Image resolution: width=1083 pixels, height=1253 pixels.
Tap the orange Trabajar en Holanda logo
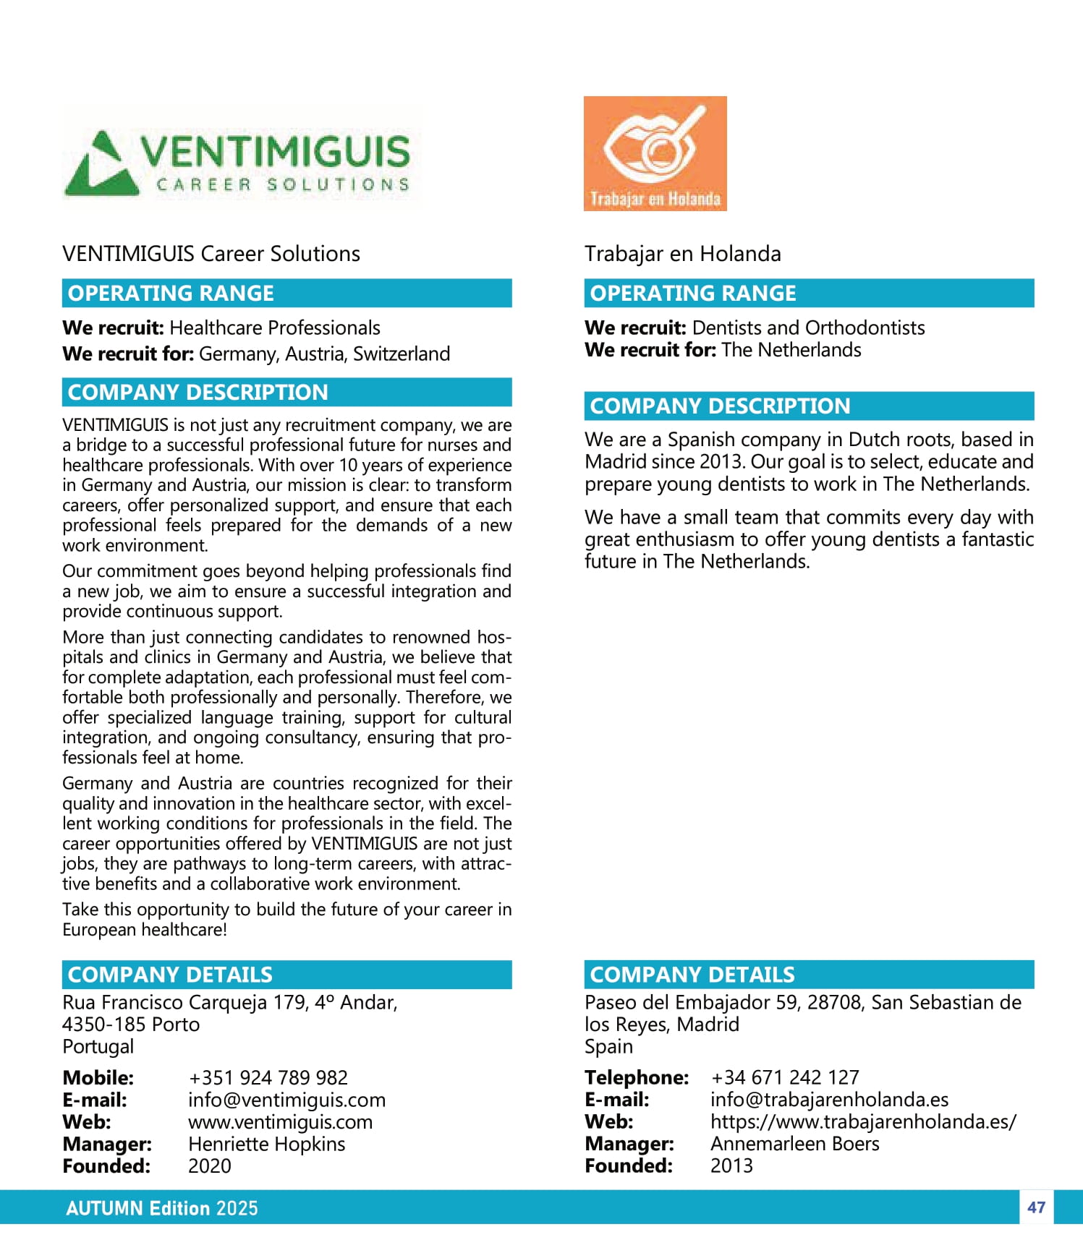(x=655, y=153)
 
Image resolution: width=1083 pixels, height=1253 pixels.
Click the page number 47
(x=1036, y=1207)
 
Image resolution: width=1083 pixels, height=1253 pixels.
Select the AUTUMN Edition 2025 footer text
(x=162, y=1208)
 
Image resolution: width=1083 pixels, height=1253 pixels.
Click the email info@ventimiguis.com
(x=286, y=1100)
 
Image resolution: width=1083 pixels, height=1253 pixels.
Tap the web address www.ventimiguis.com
(x=280, y=1122)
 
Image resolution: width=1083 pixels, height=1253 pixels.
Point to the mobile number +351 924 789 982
(x=268, y=1077)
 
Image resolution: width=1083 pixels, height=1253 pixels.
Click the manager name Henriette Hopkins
(x=266, y=1144)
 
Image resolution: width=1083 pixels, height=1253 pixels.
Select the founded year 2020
(x=210, y=1166)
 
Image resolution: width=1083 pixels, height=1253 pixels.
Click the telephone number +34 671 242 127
(x=785, y=1077)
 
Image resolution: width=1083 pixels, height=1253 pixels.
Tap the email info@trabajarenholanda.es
(x=829, y=1100)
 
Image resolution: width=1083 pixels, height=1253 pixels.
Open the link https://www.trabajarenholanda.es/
(x=863, y=1121)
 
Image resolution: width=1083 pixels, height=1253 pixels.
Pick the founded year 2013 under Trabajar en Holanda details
(x=731, y=1166)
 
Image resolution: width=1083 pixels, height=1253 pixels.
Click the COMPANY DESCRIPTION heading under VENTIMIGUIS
(x=198, y=392)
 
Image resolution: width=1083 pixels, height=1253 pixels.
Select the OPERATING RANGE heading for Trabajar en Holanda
(x=693, y=293)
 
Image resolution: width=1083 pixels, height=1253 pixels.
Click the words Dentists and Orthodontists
(x=808, y=328)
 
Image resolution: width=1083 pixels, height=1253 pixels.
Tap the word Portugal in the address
(x=98, y=1046)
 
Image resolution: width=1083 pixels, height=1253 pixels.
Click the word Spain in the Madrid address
(x=608, y=1046)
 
